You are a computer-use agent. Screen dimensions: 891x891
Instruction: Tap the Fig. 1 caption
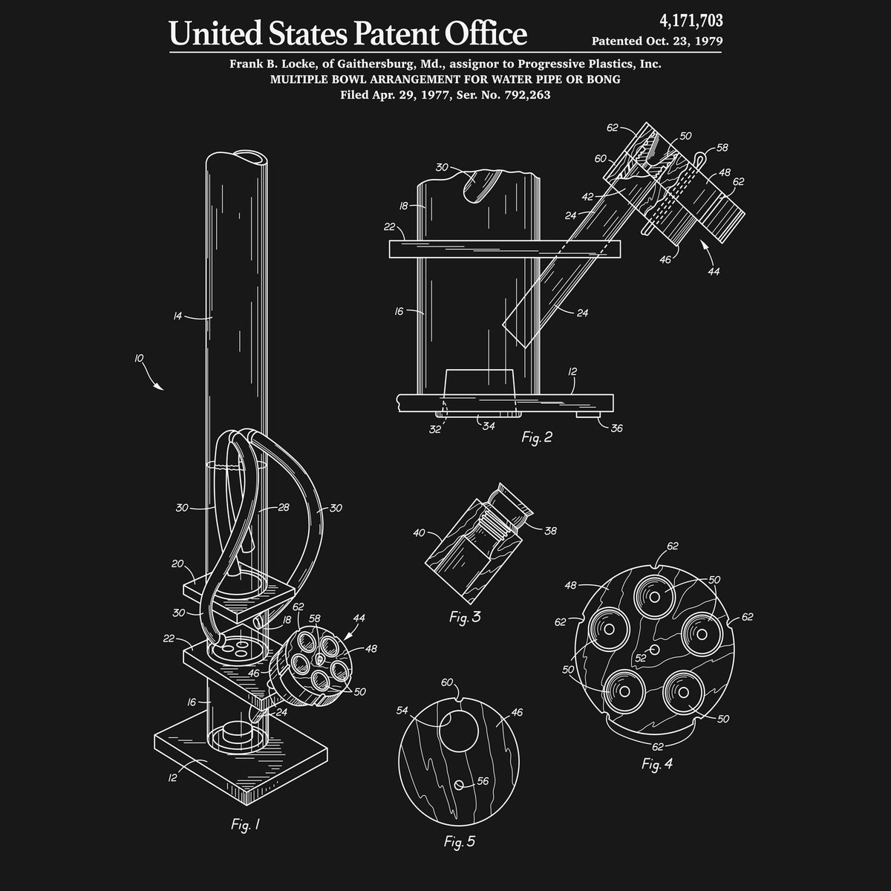pyautogui.click(x=246, y=825)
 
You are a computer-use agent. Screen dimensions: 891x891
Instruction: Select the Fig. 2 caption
pyautogui.click(x=537, y=437)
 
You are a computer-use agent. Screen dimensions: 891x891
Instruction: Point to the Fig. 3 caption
pyautogui.click(x=465, y=618)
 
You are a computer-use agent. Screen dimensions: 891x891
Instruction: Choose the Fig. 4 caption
pyautogui.click(x=657, y=764)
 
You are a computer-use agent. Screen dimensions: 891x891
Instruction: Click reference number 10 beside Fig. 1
pyautogui.click(x=139, y=359)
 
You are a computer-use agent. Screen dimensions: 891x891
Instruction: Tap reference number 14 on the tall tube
pyautogui.click(x=177, y=316)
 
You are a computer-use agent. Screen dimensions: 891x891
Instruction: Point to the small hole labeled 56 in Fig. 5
pyautogui.click(x=460, y=784)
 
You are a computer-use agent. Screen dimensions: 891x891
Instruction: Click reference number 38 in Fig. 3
pyautogui.click(x=550, y=531)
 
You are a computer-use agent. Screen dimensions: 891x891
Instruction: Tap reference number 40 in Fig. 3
pyautogui.click(x=419, y=532)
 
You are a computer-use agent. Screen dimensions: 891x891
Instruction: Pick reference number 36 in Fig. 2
pyautogui.click(x=616, y=428)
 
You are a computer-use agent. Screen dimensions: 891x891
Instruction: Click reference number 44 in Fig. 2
pyautogui.click(x=714, y=272)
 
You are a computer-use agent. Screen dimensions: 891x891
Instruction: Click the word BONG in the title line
pyautogui.click(x=603, y=79)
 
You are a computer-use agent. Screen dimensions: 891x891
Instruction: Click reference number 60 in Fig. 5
pyautogui.click(x=447, y=682)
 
